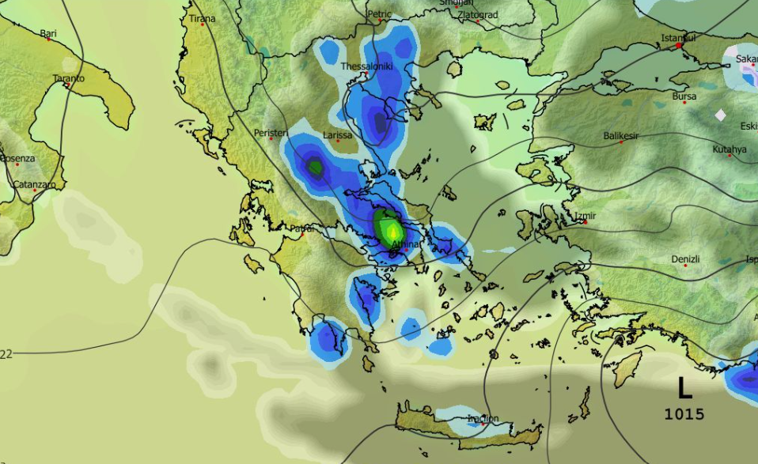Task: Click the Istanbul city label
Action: click(x=678, y=37)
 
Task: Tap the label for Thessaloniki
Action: click(x=366, y=66)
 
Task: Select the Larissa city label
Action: click(x=337, y=135)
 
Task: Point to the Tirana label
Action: click(x=203, y=18)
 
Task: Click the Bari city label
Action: click(x=48, y=33)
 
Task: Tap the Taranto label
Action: click(x=68, y=78)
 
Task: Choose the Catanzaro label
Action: click(x=34, y=185)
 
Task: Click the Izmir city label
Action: click(x=586, y=216)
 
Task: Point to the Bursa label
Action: click(x=684, y=96)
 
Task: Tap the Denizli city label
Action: click(x=685, y=258)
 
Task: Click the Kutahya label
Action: click(x=729, y=149)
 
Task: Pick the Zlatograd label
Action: click(x=478, y=14)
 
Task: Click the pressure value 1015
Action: click(x=684, y=413)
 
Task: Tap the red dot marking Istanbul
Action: click(x=679, y=46)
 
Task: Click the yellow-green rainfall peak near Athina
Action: click(x=390, y=230)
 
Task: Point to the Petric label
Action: click(x=379, y=13)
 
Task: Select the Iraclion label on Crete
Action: click(x=483, y=418)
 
